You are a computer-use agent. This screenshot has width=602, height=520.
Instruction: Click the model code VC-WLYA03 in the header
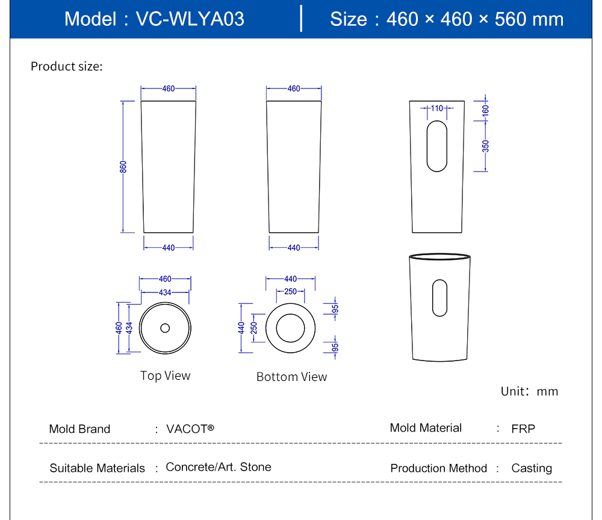(190, 19)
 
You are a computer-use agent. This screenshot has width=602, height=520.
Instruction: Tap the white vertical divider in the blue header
(301, 19)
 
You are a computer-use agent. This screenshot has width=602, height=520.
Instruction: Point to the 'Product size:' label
(67, 66)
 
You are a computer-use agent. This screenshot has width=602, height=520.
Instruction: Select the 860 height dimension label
(123, 167)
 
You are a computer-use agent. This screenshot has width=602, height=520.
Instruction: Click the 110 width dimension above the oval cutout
(436, 108)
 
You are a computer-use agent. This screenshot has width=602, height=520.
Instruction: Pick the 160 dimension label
(486, 110)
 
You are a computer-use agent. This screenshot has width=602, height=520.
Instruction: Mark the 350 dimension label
(486, 146)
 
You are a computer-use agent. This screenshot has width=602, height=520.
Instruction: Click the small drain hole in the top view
(165, 328)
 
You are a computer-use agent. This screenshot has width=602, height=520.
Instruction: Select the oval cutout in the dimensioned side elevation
(437, 146)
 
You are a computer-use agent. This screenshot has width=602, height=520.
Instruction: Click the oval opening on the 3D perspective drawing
(440, 298)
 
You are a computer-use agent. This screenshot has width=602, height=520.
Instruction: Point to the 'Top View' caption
(165, 376)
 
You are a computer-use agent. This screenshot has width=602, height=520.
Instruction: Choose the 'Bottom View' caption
(291, 377)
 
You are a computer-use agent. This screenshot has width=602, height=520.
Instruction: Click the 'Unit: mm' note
(529, 392)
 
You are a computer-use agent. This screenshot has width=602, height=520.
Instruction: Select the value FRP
(523, 429)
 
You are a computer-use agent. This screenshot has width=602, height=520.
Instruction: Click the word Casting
(531, 468)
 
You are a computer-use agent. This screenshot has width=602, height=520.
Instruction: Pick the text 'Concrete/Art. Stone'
(219, 467)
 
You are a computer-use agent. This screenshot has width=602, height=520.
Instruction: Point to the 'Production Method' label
(438, 468)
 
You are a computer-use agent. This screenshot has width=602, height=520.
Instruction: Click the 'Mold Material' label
(426, 428)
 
